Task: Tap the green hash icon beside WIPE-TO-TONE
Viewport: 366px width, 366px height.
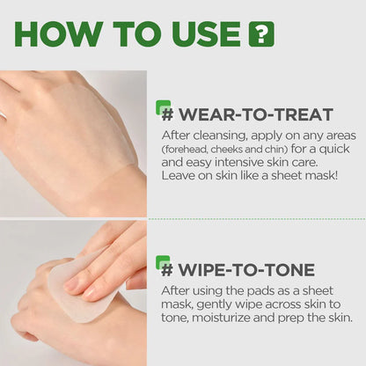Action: (164, 263)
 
